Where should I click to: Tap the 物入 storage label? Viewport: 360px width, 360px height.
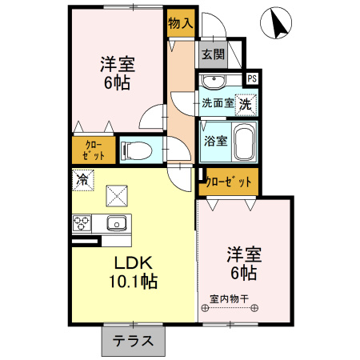tap(181, 24)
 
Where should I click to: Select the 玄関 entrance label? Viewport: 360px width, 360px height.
tap(212, 55)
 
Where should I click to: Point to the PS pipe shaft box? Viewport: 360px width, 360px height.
tap(252, 78)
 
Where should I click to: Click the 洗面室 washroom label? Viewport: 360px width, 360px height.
tap(218, 102)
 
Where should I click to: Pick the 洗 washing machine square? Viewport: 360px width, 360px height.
tap(247, 102)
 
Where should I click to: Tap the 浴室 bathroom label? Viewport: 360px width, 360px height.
tap(214, 141)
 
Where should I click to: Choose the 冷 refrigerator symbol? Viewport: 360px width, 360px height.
tap(82, 179)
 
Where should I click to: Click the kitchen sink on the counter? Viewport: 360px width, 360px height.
tap(115, 223)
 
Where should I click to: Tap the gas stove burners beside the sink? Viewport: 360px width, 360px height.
tap(82, 224)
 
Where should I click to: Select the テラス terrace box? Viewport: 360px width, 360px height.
tap(133, 340)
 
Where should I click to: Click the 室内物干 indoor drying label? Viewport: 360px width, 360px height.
tap(230, 299)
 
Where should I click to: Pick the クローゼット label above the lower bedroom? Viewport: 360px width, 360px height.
tap(229, 182)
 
